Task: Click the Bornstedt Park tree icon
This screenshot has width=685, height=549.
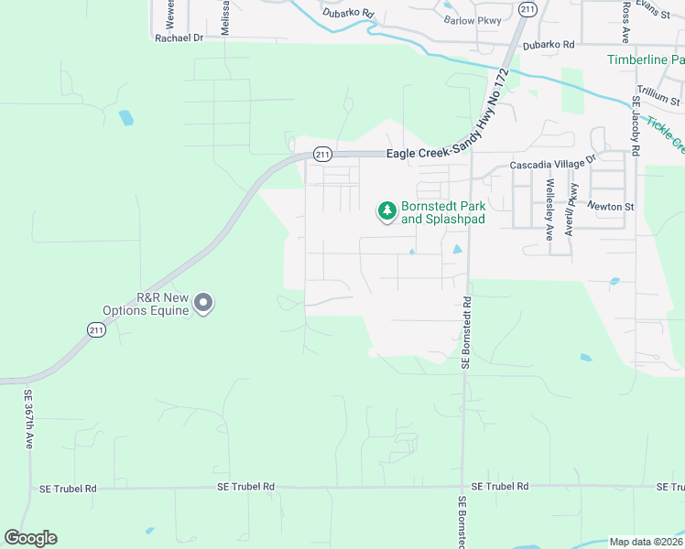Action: coord(387,211)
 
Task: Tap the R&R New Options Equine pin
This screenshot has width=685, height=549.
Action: coord(203,303)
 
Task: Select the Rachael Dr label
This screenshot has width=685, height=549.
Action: coord(179,38)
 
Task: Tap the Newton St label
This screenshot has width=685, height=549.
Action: coord(611,207)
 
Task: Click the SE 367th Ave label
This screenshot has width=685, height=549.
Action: coord(28,419)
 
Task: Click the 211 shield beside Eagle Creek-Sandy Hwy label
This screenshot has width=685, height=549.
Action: coord(321,155)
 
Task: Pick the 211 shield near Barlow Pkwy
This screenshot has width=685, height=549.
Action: coord(527,8)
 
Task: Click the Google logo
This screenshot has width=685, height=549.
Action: coord(30,538)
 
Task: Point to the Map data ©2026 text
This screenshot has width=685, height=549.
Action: coord(646,542)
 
